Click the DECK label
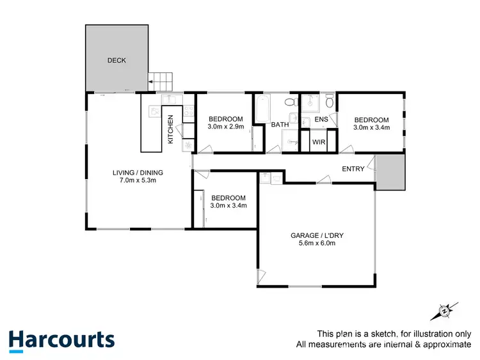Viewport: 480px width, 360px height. pyautogui.click(x=116, y=61)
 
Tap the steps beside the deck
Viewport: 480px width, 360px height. pyautogui.click(x=161, y=82)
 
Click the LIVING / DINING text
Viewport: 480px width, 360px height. pyautogui.click(x=138, y=172)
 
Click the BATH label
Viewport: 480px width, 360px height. pyautogui.click(x=280, y=125)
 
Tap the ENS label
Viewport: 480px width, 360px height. pyautogui.click(x=321, y=120)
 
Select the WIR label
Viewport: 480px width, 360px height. pyautogui.click(x=319, y=143)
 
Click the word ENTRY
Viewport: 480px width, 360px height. pyautogui.click(x=353, y=169)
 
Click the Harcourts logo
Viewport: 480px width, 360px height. pyautogui.click(x=61, y=339)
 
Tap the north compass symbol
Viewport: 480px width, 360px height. pyautogui.click(x=443, y=311)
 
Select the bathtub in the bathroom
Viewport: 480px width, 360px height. pyautogui.click(x=262, y=109)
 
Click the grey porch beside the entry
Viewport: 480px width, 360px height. pyautogui.click(x=391, y=173)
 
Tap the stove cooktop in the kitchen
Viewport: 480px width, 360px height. pyautogui.click(x=189, y=114)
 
